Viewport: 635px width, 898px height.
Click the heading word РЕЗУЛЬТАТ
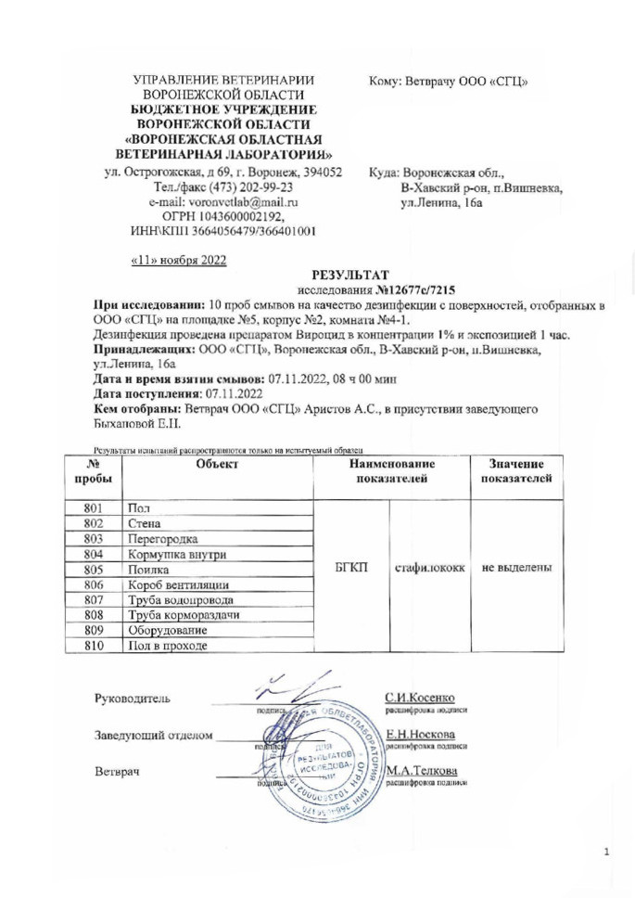point(345,275)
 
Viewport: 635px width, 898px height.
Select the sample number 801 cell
point(92,508)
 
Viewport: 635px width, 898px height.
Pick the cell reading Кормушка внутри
point(174,554)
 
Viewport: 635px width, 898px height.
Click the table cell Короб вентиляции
point(179,584)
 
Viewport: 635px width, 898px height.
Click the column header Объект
point(218,463)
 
